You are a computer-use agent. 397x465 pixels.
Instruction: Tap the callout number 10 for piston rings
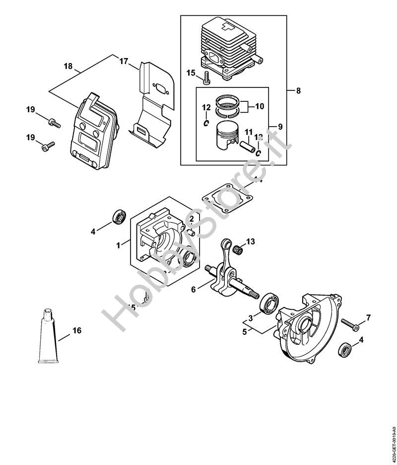(260, 106)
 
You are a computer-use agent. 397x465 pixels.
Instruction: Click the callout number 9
(280, 127)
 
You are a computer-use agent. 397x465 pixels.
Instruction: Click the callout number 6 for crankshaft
(193, 288)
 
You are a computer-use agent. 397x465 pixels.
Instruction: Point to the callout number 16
(76, 330)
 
